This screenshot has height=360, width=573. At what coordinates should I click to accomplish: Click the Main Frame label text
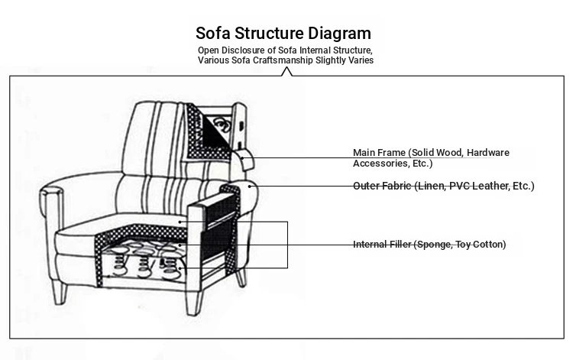click(431, 158)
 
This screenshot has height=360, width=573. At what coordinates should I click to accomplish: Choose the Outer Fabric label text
click(444, 186)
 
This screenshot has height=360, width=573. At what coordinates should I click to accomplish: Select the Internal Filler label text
click(429, 244)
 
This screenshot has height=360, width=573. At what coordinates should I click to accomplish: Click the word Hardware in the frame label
click(488, 152)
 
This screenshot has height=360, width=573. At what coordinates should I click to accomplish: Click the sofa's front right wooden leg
click(194, 302)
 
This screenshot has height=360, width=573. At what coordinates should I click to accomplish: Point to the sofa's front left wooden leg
click(60, 291)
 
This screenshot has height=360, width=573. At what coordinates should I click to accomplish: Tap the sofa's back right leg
click(241, 278)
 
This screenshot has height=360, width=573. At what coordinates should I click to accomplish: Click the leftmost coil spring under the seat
click(118, 263)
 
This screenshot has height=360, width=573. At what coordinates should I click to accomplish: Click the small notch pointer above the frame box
click(286, 72)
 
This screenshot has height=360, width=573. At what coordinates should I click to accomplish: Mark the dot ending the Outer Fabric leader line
click(250, 186)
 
